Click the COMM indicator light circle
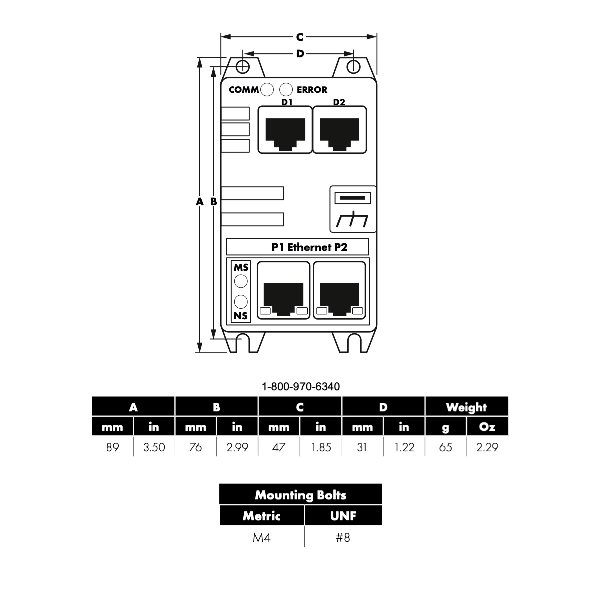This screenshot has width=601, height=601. [x=267, y=90]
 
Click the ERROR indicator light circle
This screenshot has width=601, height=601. [x=286, y=90]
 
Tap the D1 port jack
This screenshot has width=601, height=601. [x=285, y=130]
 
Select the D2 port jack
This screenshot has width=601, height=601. [x=340, y=130]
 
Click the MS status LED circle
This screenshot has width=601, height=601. [x=241, y=281]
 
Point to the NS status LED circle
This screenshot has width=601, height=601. [x=241, y=302]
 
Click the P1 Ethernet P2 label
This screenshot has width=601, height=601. [x=310, y=247]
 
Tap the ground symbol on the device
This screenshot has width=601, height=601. [x=352, y=219]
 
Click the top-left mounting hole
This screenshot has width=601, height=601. [x=242, y=67]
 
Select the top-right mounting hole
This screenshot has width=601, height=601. [x=354, y=67]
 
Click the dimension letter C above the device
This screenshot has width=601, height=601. [x=299, y=37]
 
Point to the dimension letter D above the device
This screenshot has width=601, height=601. [x=299, y=54]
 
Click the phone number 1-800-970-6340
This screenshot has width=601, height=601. [x=300, y=387]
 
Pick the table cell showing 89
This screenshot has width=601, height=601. [x=112, y=447]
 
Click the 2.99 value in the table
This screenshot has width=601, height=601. [x=237, y=447]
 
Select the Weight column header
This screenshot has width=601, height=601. [x=466, y=407]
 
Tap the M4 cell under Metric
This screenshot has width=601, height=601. [x=261, y=538]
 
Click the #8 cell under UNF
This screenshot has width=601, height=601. [x=343, y=538]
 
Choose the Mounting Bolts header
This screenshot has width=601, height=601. [x=300, y=495]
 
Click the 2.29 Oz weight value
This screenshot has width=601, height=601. [x=487, y=447]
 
